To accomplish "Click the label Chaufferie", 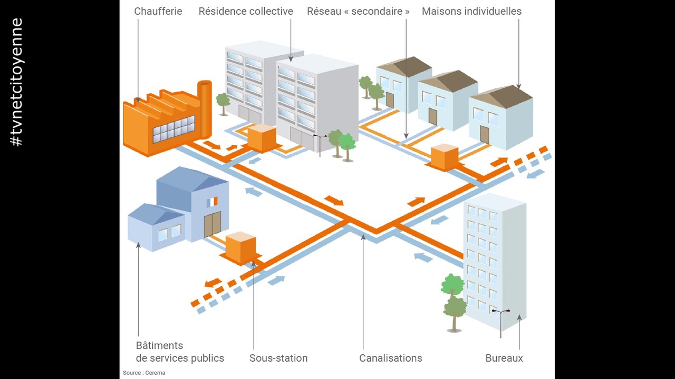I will pos(158,11).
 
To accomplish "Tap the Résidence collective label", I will pos(246,11).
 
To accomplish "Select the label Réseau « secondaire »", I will pos(359,11).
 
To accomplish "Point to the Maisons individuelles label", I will pos(471,11).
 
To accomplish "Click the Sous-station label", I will pos(278,358).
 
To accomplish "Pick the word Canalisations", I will pos(390,358).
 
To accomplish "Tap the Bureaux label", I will pos(504,358).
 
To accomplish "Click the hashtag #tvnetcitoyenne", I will pos(17,82).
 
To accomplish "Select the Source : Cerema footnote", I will pos(144,373).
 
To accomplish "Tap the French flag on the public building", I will pos(212,202).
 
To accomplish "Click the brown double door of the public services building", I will pos(213,225).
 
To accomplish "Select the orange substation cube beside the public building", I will pos(240,248).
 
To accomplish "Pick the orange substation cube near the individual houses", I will pos(445,157).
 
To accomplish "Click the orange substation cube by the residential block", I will pos(262,137).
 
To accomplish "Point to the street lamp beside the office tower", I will pos(500,321).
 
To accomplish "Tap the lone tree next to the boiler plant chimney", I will pos(223,103).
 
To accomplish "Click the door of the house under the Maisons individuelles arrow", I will pos(485,134).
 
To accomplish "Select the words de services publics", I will pos(180,358).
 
